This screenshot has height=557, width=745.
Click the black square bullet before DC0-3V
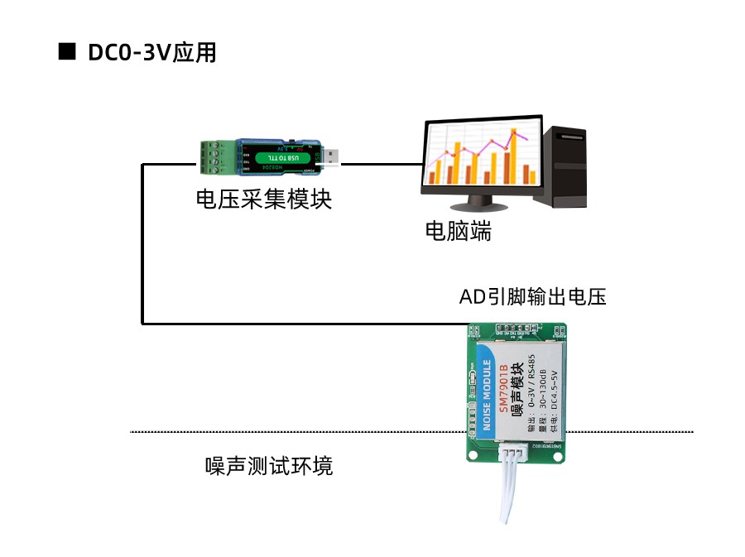[x=67, y=51]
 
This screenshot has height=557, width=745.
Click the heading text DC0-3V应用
[x=151, y=52]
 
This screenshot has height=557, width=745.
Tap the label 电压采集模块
[x=263, y=199]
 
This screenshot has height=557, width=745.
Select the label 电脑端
[x=458, y=231]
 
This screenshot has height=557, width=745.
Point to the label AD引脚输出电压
[x=532, y=296]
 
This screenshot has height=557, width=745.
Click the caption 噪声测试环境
[x=269, y=466]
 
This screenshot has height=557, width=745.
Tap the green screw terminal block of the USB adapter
[x=217, y=157]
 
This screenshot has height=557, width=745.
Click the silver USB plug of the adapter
[x=332, y=156]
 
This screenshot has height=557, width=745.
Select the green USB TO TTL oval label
[x=284, y=156]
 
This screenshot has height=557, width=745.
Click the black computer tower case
[x=561, y=166]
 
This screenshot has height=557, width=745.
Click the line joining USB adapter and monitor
[x=381, y=164]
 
